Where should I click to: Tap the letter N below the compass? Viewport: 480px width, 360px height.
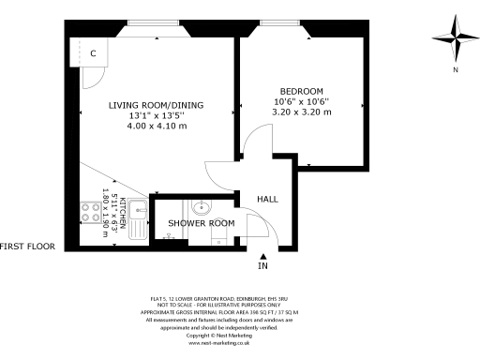coord(455,70)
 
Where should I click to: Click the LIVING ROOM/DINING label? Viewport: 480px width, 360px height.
coord(156,104)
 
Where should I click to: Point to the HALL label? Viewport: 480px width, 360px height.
coord(268,200)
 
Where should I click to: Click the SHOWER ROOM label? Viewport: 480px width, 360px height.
coord(201,223)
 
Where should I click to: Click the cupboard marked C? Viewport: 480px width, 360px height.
coord(92,54)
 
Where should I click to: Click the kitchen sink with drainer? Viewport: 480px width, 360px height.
coord(138,219)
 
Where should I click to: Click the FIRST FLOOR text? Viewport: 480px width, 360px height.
coord(28,247)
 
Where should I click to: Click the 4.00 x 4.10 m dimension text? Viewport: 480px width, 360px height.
coord(157,126)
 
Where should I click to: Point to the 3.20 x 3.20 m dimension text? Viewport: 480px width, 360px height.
coord(302,111)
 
